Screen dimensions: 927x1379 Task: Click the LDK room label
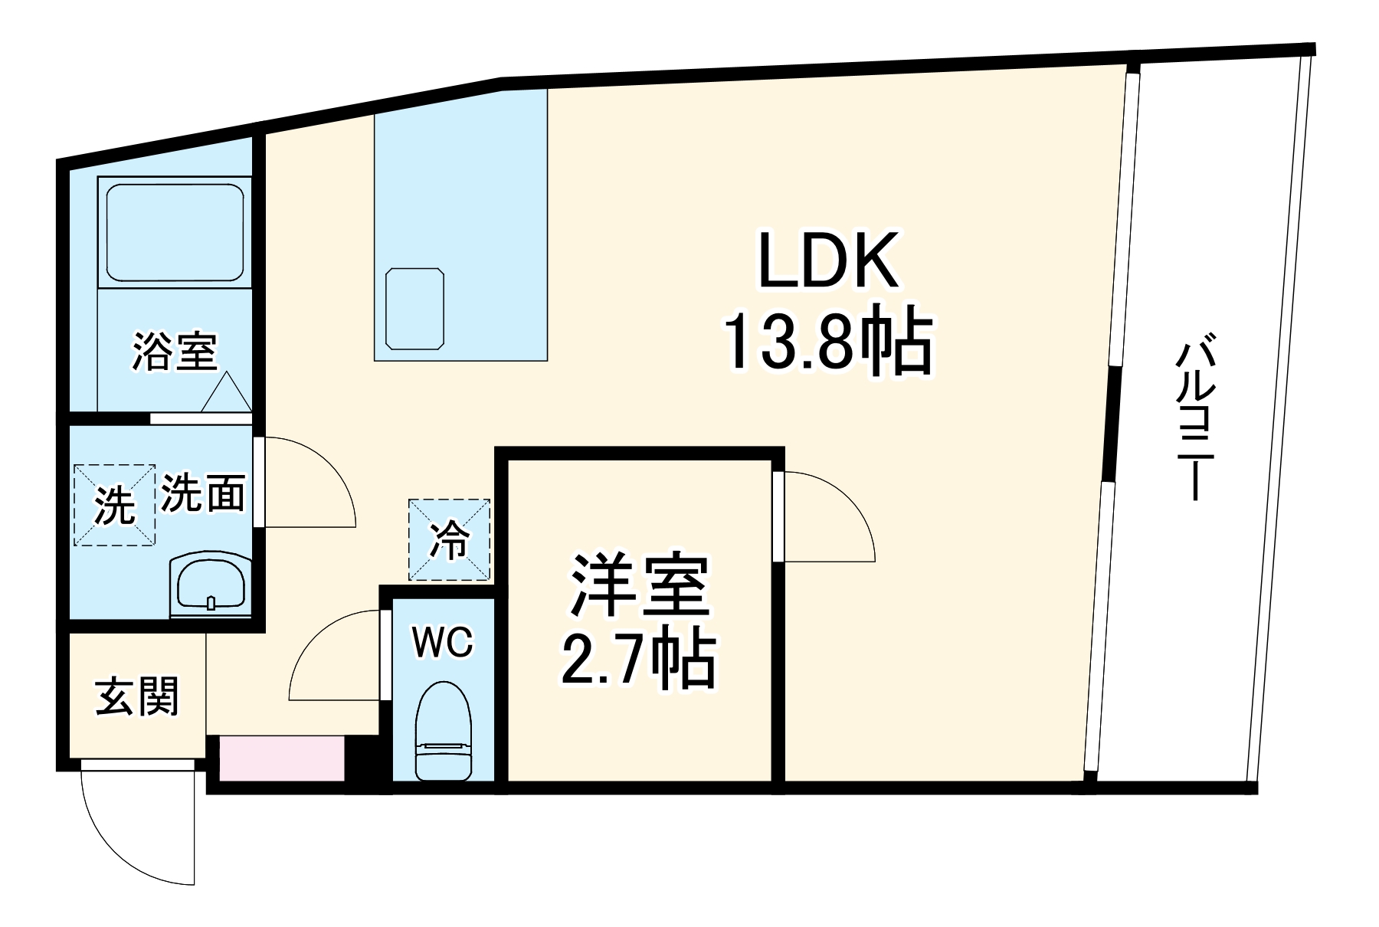click(827, 260)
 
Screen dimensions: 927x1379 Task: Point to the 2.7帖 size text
click(638, 658)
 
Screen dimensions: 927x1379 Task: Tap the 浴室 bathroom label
click(175, 352)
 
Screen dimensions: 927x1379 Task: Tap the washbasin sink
click(211, 587)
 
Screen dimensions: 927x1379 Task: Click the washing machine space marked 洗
click(115, 505)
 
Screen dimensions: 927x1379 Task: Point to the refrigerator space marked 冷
click(449, 539)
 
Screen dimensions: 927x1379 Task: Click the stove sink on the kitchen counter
click(415, 308)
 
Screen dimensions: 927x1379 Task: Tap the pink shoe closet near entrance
click(281, 758)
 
